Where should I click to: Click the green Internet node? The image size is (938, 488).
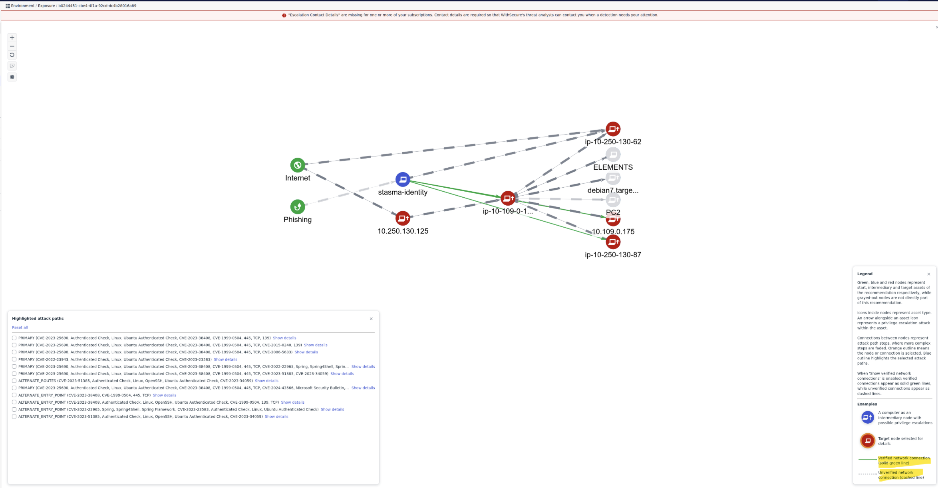[298, 165]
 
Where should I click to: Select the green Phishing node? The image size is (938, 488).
[298, 206]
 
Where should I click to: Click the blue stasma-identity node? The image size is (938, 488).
[403, 179]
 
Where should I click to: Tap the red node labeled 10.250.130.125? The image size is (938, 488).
[403, 218]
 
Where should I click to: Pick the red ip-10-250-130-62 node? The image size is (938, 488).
[613, 129]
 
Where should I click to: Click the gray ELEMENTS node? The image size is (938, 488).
[613, 155]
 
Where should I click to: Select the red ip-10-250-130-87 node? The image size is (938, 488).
[613, 242]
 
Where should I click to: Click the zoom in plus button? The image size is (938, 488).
[12, 38]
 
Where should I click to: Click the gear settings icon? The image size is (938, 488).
[12, 77]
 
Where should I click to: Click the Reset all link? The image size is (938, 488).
[20, 327]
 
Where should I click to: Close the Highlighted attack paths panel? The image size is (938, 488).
[371, 319]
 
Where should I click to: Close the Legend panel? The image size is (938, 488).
[929, 274]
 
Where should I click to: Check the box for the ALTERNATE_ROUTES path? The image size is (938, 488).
[14, 381]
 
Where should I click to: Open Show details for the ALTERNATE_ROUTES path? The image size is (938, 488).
[266, 381]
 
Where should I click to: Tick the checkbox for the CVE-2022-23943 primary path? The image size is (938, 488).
[14, 359]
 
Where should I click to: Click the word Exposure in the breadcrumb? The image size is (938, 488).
[46, 6]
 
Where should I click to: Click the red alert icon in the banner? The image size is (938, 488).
[284, 15]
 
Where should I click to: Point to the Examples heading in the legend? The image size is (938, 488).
[867, 404]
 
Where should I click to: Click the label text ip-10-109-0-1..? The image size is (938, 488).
[507, 211]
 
